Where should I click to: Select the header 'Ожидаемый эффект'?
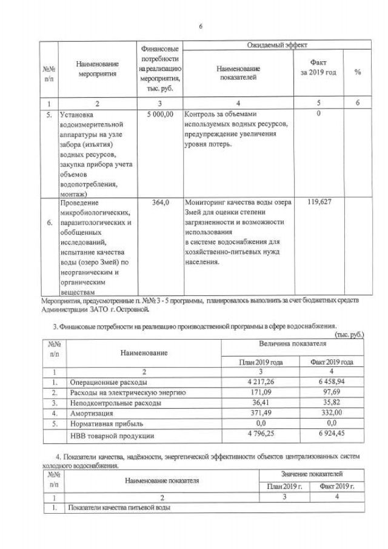276,45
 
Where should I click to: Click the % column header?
358,72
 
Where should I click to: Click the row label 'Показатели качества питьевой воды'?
119,507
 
